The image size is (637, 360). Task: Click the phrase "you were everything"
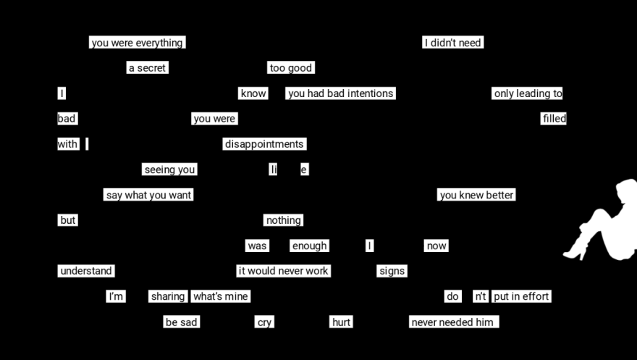(x=137, y=43)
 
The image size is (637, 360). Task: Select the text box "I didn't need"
(x=452, y=43)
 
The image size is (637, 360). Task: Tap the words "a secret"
(x=147, y=68)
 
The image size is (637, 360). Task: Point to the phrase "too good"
(x=290, y=68)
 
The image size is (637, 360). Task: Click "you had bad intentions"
(x=340, y=93)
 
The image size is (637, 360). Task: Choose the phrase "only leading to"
(x=528, y=93)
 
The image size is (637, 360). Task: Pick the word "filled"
(x=554, y=119)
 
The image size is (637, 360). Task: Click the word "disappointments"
(x=264, y=144)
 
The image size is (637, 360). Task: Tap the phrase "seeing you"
(x=169, y=169)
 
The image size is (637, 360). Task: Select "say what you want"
(x=148, y=195)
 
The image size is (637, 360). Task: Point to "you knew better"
(x=476, y=195)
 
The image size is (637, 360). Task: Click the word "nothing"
(x=283, y=220)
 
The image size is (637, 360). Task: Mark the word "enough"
(x=309, y=246)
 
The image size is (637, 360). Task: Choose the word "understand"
(x=86, y=271)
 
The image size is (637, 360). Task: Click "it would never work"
(x=283, y=271)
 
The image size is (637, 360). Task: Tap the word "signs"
(x=392, y=271)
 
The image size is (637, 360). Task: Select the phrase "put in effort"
(x=521, y=296)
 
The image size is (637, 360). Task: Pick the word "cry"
(x=264, y=322)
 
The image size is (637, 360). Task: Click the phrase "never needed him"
(x=453, y=322)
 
